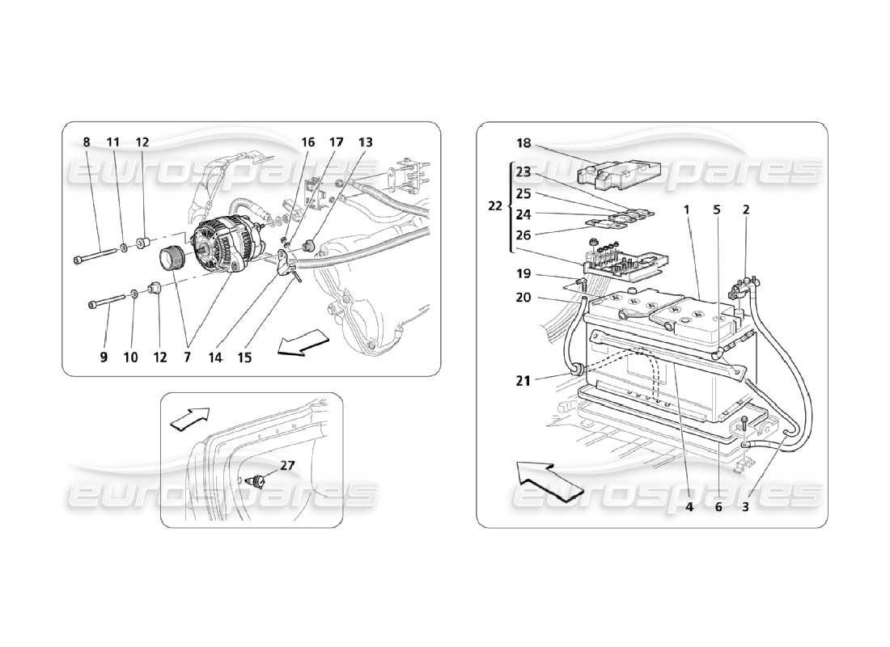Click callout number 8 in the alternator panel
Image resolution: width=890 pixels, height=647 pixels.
click(x=87, y=142)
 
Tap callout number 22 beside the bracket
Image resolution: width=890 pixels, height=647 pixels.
click(x=494, y=206)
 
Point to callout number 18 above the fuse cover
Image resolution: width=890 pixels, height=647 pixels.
click(x=523, y=143)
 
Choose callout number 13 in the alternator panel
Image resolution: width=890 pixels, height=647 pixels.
click(x=366, y=142)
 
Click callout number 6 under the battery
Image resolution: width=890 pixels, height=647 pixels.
click(x=717, y=508)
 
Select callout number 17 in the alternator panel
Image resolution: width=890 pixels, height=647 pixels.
click(x=337, y=142)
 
